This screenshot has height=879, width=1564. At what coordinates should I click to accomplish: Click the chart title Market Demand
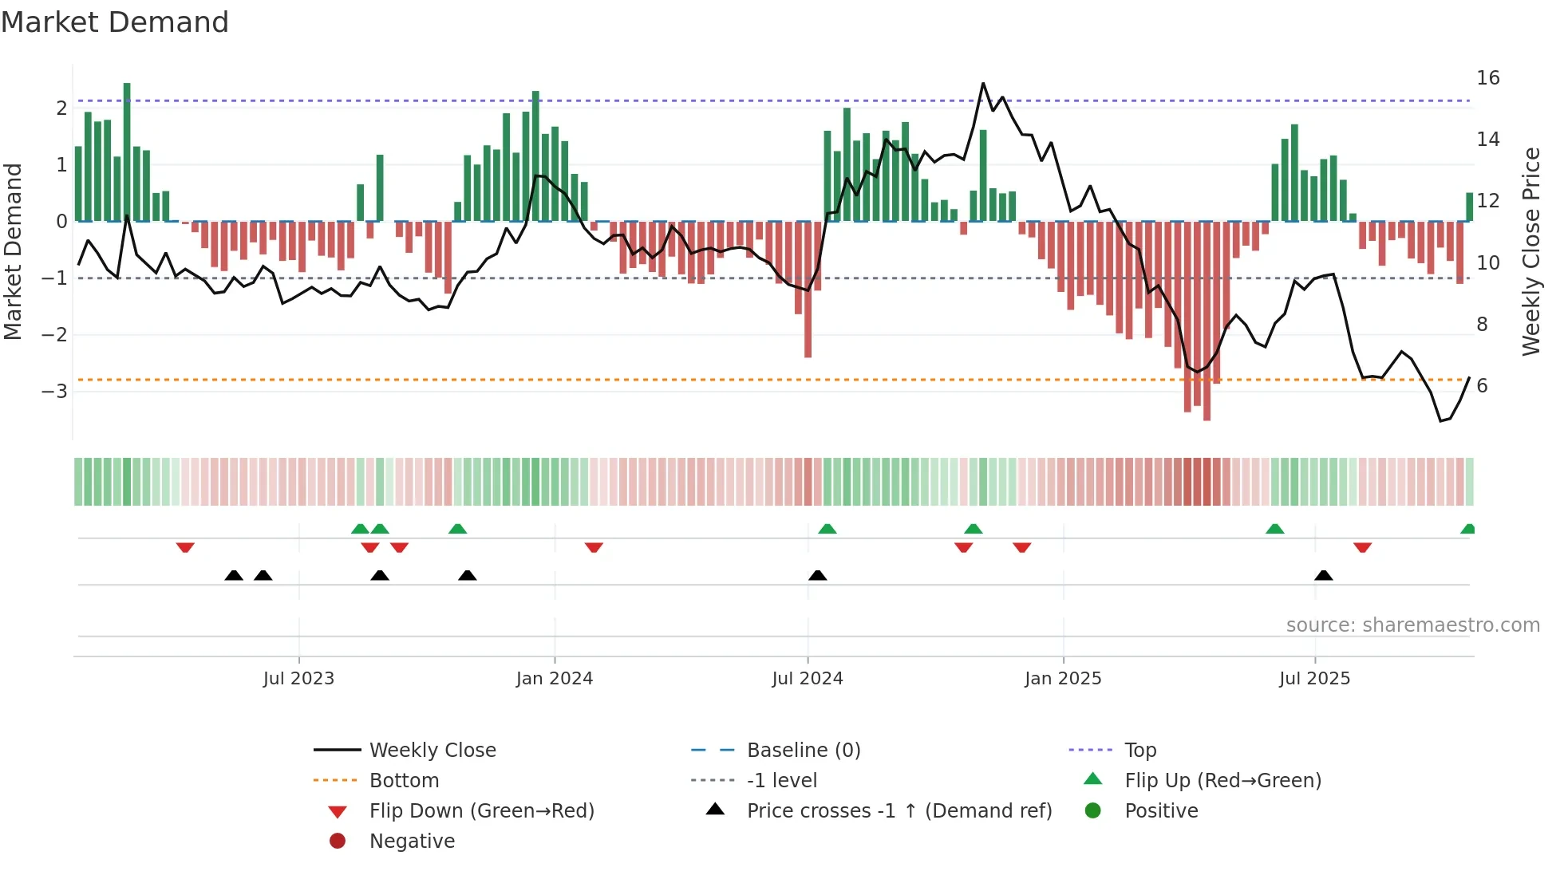(x=115, y=22)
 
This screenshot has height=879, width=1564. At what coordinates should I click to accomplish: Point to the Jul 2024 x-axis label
(x=807, y=679)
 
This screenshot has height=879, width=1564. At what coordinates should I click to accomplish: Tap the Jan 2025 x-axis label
(x=1062, y=679)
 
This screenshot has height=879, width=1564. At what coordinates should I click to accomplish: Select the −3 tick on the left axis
(x=54, y=392)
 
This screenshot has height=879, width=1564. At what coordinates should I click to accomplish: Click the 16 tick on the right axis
(x=1487, y=78)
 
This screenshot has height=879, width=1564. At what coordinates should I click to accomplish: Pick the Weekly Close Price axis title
(x=1530, y=251)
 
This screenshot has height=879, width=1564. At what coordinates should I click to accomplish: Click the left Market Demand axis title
(x=13, y=251)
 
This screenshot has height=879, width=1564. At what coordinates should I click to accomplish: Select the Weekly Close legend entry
(x=432, y=751)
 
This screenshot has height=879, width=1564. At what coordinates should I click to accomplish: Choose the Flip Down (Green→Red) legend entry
(x=481, y=811)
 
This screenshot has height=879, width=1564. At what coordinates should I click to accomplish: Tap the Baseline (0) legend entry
(x=803, y=751)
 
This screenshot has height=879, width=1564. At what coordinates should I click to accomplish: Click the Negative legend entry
(x=412, y=842)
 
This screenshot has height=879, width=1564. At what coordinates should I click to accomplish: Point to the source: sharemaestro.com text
(x=1412, y=625)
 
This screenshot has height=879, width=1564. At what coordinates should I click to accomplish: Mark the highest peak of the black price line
(x=983, y=84)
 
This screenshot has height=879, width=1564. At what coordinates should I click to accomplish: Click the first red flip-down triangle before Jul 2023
(x=185, y=548)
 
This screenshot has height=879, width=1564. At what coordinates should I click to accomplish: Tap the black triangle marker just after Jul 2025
(x=1323, y=575)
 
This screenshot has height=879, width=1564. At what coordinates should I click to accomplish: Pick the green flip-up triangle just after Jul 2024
(x=827, y=529)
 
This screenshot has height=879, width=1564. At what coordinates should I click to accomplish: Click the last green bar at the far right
(x=1469, y=207)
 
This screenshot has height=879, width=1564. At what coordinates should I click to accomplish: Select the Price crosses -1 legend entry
(x=899, y=811)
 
